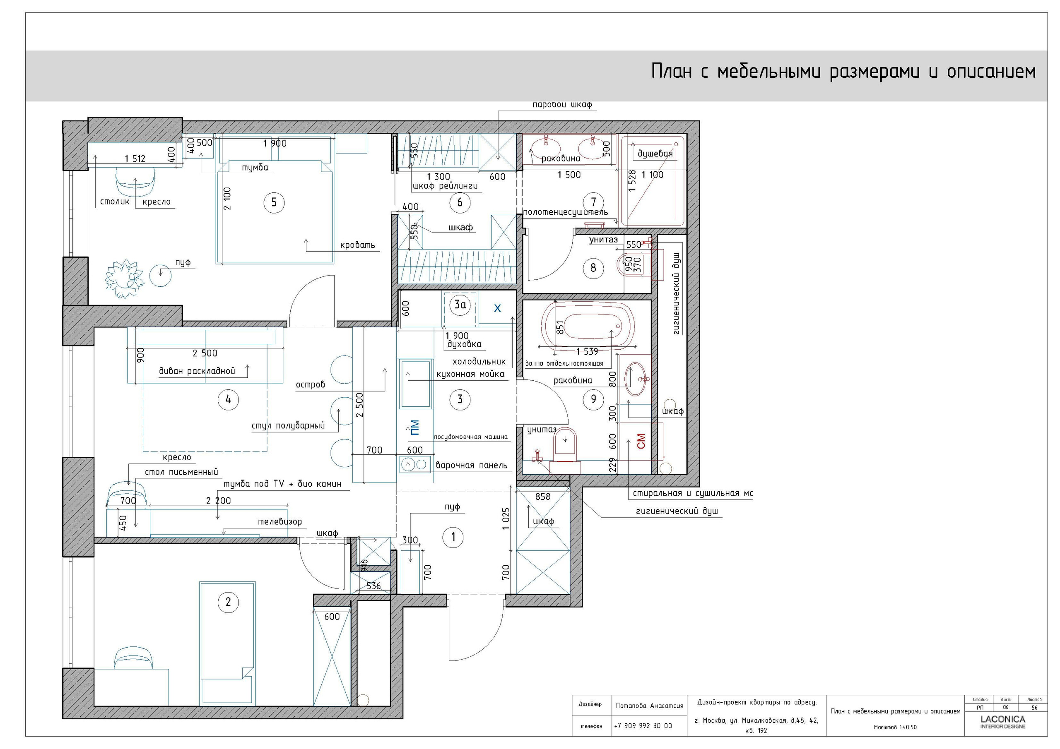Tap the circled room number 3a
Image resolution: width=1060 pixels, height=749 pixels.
(x=460, y=305)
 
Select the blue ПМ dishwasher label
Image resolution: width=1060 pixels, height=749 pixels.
(x=414, y=428)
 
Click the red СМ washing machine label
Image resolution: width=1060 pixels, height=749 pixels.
(x=641, y=441)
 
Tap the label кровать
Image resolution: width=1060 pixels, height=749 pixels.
(x=357, y=245)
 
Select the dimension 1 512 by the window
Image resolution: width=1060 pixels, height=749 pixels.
(x=135, y=159)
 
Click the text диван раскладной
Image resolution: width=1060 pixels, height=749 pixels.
(x=197, y=371)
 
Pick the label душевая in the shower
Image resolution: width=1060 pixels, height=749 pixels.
(x=655, y=154)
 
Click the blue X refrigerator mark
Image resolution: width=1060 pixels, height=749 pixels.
(x=497, y=308)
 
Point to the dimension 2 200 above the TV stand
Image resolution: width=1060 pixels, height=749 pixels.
(x=218, y=501)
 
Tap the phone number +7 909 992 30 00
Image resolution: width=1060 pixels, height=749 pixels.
(x=643, y=726)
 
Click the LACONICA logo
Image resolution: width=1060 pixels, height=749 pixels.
(x=1003, y=720)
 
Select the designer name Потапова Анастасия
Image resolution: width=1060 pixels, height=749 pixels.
(x=649, y=706)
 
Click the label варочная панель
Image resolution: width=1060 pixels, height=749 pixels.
(x=471, y=466)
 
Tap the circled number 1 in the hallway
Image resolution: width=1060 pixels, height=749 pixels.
(x=453, y=537)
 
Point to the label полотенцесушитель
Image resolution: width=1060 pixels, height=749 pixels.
(x=565, y=212)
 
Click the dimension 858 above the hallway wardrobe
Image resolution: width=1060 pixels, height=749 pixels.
(x=542, y=497)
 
